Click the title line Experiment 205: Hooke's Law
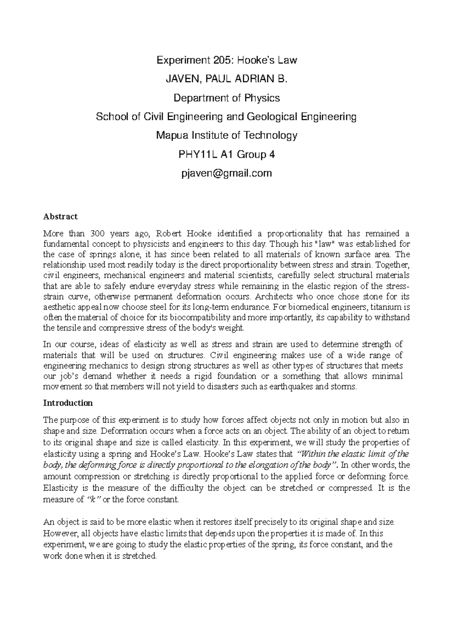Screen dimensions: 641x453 click(226, 60)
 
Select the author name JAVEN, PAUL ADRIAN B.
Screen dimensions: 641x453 click(226, 79)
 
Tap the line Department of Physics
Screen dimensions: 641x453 click(226, 98)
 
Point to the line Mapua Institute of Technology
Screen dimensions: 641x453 click(226, 135)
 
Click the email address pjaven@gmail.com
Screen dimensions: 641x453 click(226, 173)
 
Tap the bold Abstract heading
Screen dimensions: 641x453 click(60, 217)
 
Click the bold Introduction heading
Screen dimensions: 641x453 click(68, 403)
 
